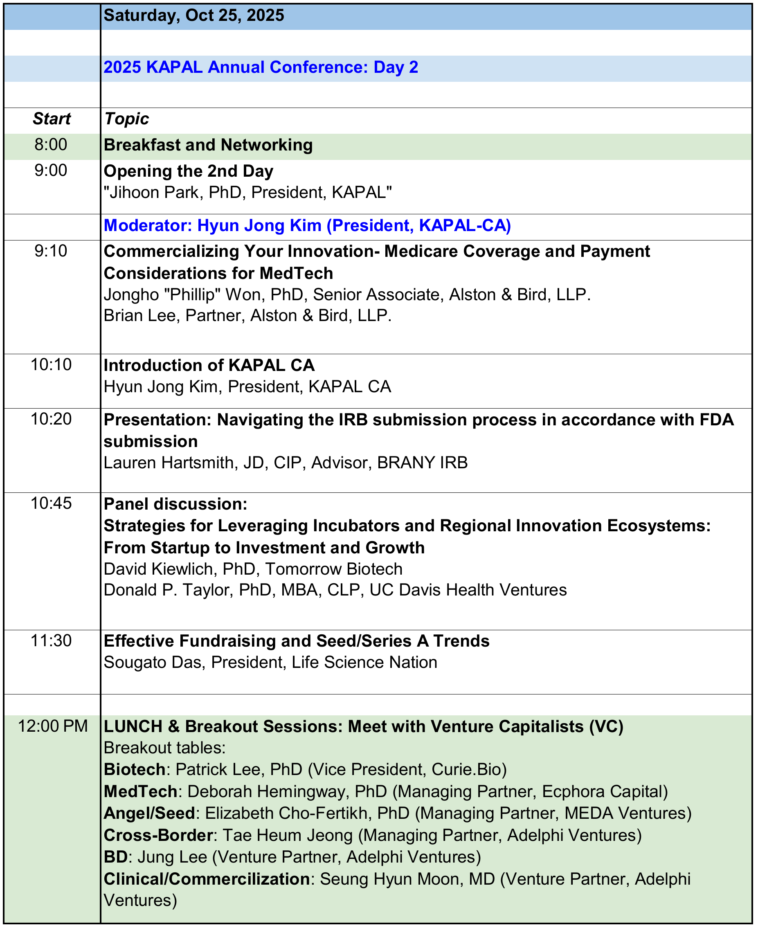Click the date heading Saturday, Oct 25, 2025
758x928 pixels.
(194, 16)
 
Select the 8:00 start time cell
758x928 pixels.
(51, 144)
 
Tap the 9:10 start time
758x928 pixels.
(51, 251)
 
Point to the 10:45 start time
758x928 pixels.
(51, 503)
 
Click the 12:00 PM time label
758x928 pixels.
(53, 726)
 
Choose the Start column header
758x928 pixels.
(52, 119)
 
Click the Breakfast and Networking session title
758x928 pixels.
(208, 145)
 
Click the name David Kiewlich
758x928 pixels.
(158, 569)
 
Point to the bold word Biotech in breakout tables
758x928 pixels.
(135, 770)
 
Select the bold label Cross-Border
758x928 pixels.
(158, 835)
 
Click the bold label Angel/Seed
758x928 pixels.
(149, 813)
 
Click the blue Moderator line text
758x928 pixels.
(307, 226)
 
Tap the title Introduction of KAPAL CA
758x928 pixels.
(209, 365)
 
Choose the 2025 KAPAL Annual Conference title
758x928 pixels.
(261, 67)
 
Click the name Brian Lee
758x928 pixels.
(139, 316)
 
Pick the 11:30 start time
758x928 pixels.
(51, 641)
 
